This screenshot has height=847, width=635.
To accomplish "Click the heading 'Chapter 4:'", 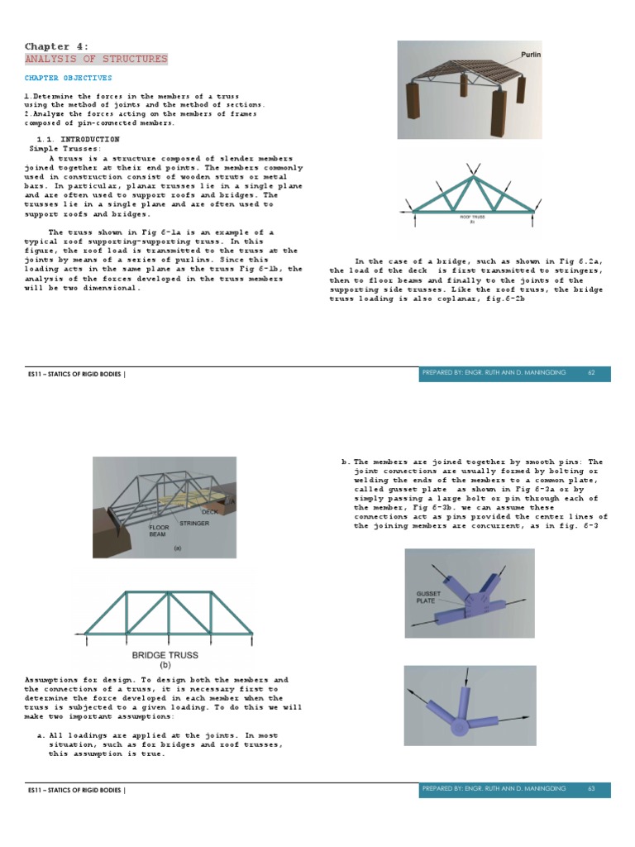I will (56, 46).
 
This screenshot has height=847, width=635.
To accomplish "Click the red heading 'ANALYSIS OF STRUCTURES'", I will (96, 59).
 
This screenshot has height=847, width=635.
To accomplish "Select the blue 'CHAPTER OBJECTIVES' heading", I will (68, 78).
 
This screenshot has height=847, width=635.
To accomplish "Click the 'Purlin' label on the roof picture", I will (530, 55).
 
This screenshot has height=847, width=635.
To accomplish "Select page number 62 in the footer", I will (591, 373).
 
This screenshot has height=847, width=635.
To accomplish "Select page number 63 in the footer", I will (591, 789).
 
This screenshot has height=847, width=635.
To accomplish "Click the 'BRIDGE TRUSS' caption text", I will (165, 654).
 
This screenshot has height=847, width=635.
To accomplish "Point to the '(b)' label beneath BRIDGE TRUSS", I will (165, 665).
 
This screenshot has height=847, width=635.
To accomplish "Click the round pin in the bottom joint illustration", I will (458, 728).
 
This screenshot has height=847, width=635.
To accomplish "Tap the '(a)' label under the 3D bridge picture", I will (175, 548).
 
